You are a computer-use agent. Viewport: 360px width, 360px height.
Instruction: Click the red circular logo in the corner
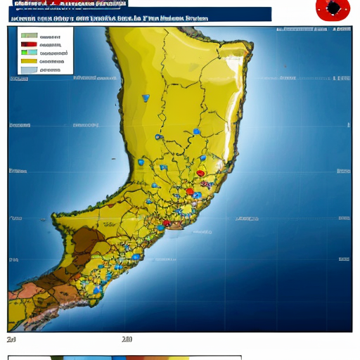(333, 9)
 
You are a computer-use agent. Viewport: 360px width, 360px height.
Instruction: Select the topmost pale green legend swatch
(29, 36)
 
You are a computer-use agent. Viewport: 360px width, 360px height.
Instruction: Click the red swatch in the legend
(29, 44)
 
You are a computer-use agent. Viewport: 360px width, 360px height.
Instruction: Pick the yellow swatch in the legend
(29, 61)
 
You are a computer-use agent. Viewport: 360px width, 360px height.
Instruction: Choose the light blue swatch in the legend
(29, 70)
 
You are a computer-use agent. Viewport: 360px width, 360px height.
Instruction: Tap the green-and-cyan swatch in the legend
(29, 53)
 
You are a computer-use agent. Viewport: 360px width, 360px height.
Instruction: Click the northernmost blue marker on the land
(146, 98)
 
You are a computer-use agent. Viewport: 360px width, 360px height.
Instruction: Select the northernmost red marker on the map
(200, 173)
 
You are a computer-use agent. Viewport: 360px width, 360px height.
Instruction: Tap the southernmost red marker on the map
(166, 224)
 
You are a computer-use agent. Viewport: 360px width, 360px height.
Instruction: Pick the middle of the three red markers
(189, 191)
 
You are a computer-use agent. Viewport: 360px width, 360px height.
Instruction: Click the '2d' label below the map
(12, 340)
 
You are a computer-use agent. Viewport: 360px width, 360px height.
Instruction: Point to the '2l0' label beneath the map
(127, 340)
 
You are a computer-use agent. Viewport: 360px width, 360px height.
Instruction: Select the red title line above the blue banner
(63, 4)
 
